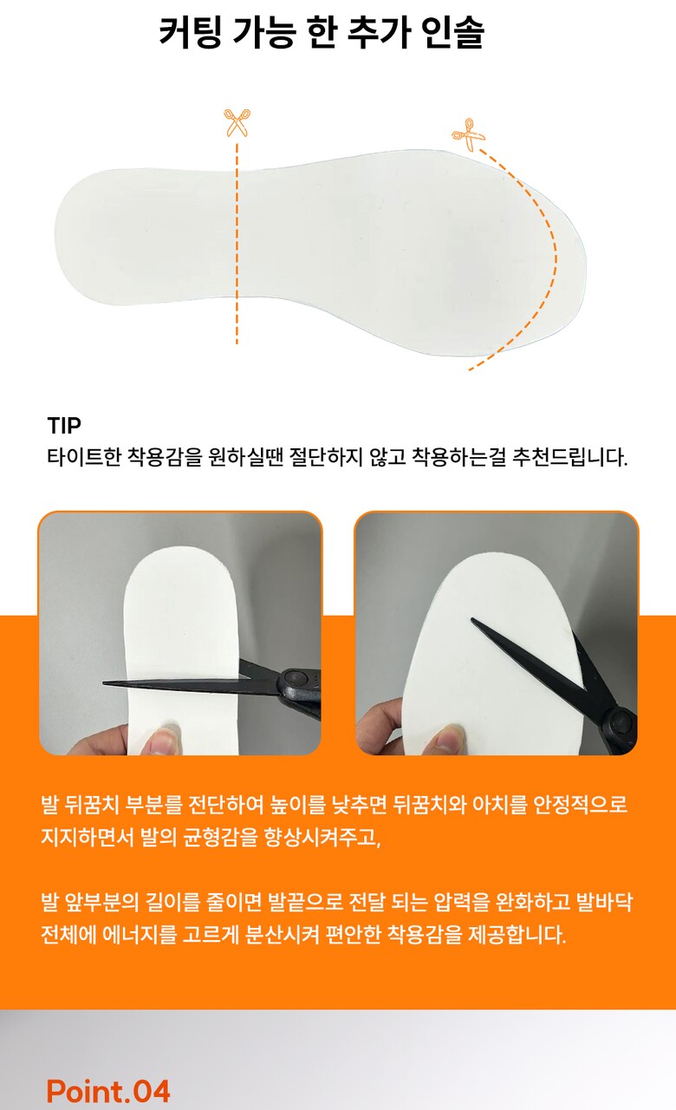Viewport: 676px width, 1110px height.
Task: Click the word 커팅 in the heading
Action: pos(191,32)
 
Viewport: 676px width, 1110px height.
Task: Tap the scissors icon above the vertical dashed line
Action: pos(237,122)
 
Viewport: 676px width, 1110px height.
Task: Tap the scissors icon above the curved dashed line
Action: pos(467,134)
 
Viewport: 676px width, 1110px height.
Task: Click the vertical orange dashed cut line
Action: pos(237,244)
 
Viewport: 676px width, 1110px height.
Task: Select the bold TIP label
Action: pos(64,426)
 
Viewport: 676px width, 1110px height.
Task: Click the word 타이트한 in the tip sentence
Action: pos(84,457)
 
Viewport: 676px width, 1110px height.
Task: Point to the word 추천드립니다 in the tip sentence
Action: pos(569,457)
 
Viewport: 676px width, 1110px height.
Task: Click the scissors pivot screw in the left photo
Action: pos(293,676)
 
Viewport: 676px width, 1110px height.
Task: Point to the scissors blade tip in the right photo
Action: pos(472,619)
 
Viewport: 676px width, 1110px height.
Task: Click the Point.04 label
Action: pos(108,1091)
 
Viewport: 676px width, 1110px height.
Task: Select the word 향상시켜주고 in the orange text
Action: pos(322,838)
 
